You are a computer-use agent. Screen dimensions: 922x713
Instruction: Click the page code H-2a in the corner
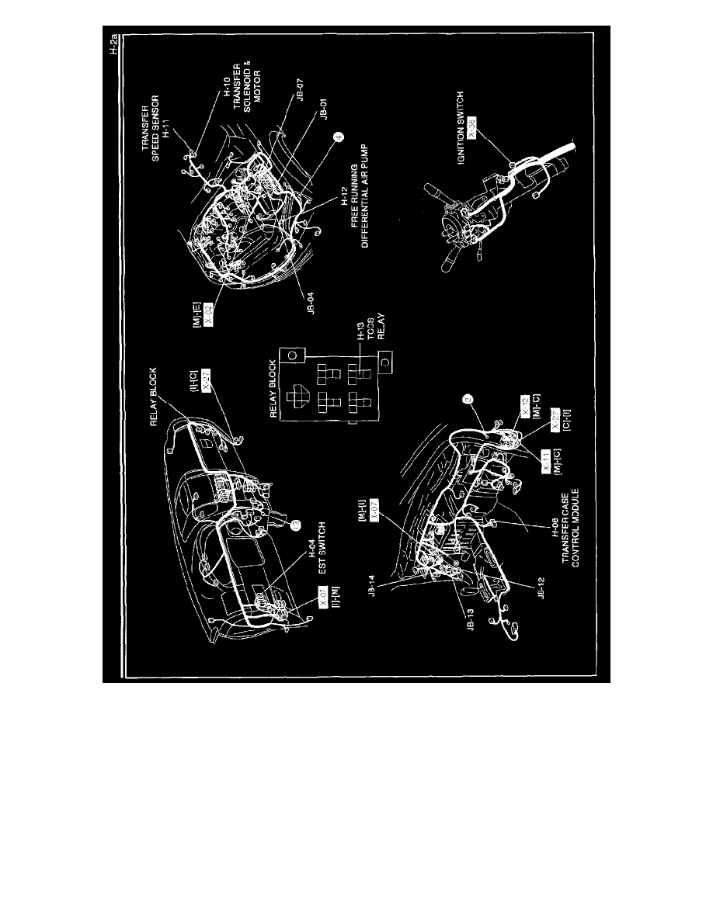click(x=113, y=43)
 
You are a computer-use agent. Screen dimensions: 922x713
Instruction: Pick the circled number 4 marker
click(x=338, y=138)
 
